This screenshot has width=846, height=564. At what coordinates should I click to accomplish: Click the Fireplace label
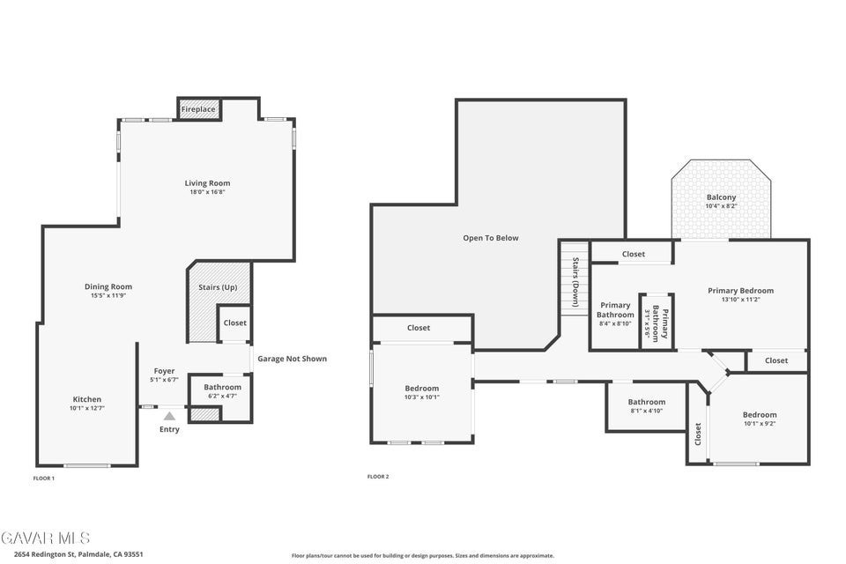coord(198,109)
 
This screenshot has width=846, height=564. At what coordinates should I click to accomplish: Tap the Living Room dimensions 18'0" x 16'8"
coord(207,191)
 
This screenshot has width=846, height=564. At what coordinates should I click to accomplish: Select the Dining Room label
coord(108,286)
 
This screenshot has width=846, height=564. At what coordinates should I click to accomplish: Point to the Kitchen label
coord(87,399)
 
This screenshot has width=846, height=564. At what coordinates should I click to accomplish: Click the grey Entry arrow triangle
coord(169,416)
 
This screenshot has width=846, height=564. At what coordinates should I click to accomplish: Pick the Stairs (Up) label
coord(218,287)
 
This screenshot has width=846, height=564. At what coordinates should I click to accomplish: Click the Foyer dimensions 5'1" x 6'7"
coord(164,380)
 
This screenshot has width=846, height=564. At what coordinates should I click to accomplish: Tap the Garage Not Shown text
coord(292,359)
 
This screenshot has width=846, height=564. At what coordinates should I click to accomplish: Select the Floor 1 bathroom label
coord(222,387)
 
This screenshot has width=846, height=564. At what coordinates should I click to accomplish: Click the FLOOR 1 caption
coord(44,479)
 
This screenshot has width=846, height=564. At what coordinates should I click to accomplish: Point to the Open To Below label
coord(491,238)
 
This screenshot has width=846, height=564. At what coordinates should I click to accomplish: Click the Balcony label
coord(721,197)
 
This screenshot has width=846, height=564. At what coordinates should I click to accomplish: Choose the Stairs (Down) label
coord(575,282)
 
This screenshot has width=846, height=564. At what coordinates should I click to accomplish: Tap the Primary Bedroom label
coord(741,290)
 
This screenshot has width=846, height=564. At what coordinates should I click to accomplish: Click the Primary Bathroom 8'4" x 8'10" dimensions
coord(615,323)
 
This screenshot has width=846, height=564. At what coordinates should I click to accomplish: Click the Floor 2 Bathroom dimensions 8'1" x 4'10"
coord(646,411)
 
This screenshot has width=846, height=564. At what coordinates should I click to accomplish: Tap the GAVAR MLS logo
coord(45,538)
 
